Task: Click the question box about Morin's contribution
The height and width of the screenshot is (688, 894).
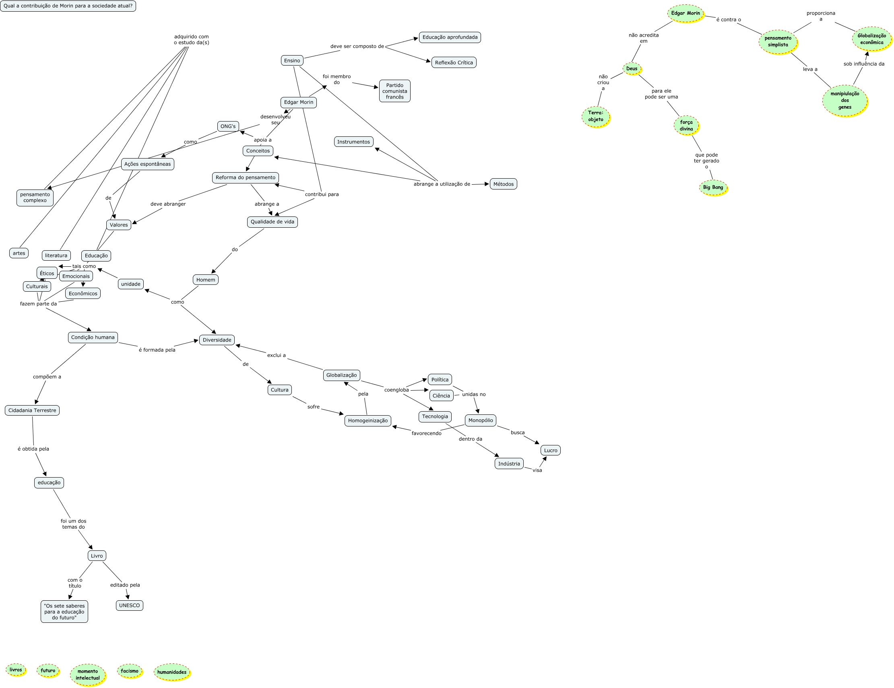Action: [x=68, y=6]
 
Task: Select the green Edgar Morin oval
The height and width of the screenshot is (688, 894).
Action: [x=685, y=13]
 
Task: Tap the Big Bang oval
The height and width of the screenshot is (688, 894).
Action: [x=713, y=187]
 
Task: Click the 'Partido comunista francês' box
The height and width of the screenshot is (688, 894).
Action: [x=394, y=91]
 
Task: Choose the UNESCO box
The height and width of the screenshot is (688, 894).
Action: [x=129, y=606]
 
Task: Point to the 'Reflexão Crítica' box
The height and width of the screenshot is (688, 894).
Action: [x=454, y=63]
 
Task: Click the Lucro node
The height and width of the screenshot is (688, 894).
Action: [x=551, y=450]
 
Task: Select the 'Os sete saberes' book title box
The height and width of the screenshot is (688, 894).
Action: [x=64, y=612]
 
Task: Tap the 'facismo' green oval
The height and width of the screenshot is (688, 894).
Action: [x=130, y=671]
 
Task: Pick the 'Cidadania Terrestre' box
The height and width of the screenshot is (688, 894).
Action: [x=32, y=410]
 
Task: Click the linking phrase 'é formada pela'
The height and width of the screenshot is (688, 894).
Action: [x=157, y=350]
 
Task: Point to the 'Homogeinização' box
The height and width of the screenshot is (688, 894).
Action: [x=368, y=420]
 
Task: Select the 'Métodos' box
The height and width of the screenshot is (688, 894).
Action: [x=503, y=184]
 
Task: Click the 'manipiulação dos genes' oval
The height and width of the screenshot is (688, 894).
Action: [x=845, y=100]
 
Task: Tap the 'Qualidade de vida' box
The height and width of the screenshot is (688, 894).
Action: [x=272, y=222]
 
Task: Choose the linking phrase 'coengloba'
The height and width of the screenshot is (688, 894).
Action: [x=396, y=390]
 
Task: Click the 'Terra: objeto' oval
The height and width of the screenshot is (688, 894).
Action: [x=596, y=116]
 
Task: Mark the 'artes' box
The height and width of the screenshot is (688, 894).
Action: [x=19, y=253]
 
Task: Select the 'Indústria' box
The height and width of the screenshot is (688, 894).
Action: [x=509, y=463]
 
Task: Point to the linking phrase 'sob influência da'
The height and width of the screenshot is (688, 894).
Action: [x=864, y=64]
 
